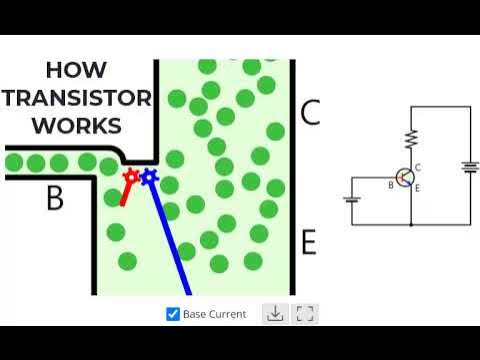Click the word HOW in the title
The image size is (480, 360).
[83, 72]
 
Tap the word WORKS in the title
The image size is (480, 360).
[77, 126]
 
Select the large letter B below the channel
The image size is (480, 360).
[55, 199]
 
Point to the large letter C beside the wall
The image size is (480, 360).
[310, 113]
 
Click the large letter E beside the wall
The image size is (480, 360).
[309, 242]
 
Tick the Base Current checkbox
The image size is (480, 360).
[173, 314]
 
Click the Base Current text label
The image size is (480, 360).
[214, 314]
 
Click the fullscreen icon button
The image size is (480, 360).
[306, 314]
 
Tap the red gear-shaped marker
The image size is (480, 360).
[130, 177]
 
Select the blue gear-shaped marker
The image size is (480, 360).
[148, 177]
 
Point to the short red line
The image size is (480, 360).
[125, 194]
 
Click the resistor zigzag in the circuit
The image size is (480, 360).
[410, 139]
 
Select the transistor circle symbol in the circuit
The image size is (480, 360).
[405, 177]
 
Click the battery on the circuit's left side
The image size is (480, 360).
[351, 197]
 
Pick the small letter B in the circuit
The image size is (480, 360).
[391, 184]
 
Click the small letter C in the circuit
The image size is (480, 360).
[417, 167]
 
